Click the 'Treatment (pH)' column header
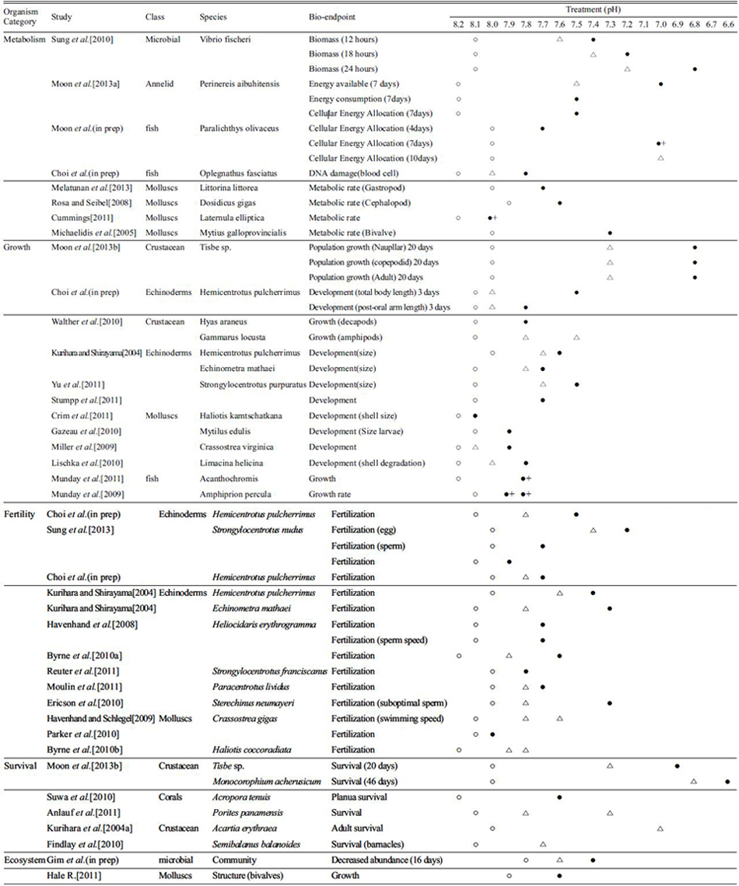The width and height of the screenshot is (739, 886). coord(593,9)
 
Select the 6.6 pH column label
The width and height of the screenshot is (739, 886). coord(728,24)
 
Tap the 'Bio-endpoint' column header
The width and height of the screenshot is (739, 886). coord(332,17)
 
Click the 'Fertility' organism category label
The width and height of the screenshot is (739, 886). coord(19,514)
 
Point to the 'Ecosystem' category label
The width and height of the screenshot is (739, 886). coord(24,860)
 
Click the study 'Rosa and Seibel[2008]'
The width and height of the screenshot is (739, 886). coord(82,203)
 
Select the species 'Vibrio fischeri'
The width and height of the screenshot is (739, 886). coord(225,40)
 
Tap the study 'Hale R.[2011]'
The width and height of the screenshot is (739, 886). coord(74,875)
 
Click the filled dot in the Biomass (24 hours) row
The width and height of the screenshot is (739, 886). coord(695,69)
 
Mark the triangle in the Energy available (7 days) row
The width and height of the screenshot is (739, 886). coord(576,84)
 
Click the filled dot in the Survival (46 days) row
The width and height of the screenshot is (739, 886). coord(727,782)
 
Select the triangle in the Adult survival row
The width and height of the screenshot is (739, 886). coord(660,828)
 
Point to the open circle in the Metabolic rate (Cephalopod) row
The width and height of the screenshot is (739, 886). coord(509,203)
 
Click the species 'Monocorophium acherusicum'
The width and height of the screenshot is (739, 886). coord(267,782)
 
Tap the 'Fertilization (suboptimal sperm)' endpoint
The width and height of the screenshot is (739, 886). coord(389,703)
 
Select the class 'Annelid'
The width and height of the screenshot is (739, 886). coord(159,84)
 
